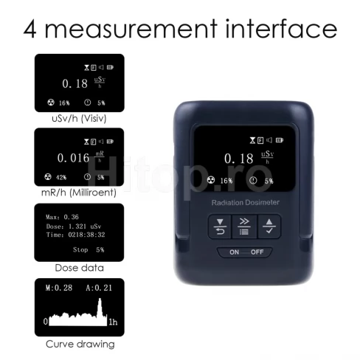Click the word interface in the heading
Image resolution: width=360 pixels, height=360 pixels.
[281, 28]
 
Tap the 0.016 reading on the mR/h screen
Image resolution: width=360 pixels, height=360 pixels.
[73, 158]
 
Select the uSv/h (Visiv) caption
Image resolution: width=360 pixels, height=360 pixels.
[79, 119]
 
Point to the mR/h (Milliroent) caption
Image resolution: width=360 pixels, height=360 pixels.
[79, 193]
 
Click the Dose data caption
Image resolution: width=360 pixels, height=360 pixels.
[79, 268]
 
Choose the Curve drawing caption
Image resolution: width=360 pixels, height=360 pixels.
[80, 344]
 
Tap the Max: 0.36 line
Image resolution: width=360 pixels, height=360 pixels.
[62, 217]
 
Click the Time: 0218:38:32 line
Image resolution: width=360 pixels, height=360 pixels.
[75, 235]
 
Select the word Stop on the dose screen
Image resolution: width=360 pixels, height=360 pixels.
[80, 249]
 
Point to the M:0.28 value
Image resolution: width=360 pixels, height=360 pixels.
[59, 288]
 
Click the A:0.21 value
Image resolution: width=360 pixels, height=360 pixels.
[99, 288]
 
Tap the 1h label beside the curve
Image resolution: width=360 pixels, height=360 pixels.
[113, 322]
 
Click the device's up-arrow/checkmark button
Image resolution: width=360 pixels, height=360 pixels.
[269, 226]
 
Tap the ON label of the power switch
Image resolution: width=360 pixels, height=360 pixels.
[234, 252]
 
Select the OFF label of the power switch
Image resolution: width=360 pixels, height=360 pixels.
[257, 252]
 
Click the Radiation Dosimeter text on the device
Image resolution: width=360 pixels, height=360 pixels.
[246, 202]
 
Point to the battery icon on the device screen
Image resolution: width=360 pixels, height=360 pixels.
[280, 140]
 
